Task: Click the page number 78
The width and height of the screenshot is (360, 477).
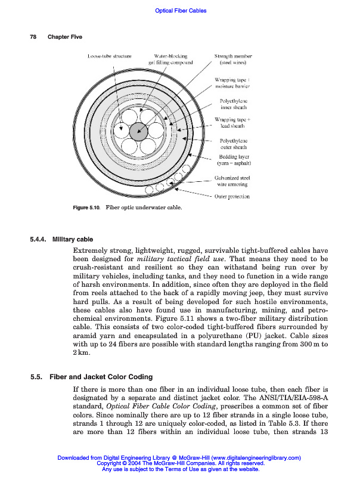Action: (x=33, y=37)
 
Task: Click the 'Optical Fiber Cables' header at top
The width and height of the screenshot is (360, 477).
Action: (x=180, y=11)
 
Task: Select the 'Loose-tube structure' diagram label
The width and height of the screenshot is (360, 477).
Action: (x=109, y=56)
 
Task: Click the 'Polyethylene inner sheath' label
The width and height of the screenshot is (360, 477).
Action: (x=234, y=105)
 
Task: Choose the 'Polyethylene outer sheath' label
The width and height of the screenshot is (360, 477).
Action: (x=234, y=144)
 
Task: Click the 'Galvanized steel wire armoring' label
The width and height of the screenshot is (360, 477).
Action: (x=232, y=181)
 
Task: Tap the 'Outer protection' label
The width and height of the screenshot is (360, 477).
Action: (x=232, y=196)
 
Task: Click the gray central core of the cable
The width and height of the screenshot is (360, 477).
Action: (x=141, y=132)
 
